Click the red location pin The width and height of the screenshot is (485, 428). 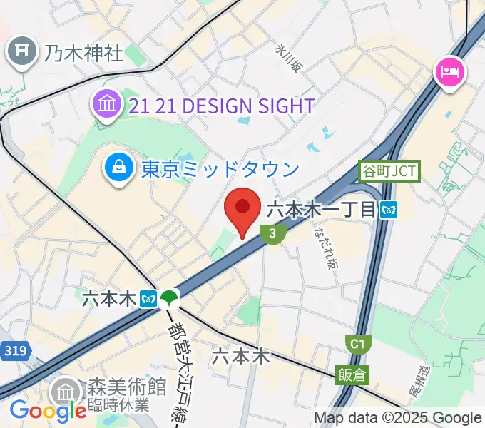click(x=242, y=209)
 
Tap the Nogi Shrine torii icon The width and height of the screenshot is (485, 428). click(x=23, y=51)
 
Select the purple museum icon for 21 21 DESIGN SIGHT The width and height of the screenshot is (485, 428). click(x=106, y=106)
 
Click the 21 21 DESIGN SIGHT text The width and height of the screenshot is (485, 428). click(x=221, y=106)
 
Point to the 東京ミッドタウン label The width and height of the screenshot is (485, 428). click(x=220, y=169)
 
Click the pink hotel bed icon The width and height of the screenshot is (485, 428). click(x=451, y=71)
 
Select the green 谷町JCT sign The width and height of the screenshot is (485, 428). click(x=389, y=171)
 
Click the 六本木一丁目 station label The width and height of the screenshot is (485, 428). click(x=321, y=210)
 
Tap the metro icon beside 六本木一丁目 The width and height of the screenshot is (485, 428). click(x=389, y=210)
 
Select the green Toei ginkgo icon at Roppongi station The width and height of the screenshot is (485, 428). click(x=169, y=297)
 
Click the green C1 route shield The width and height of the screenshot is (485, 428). click(x=357, y=345)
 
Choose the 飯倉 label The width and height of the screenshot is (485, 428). click(x=354, y=372)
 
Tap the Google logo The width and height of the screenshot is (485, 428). click(x=48, y=411)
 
